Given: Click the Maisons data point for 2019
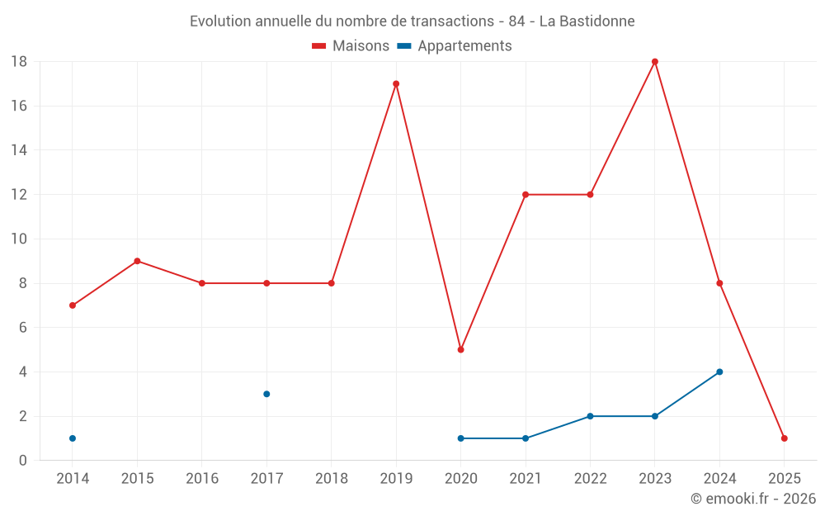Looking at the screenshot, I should [396, 83].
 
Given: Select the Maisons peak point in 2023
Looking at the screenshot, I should [655, 62].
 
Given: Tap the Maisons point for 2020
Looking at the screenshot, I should [460, 349].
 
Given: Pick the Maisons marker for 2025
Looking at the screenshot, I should [784, 438].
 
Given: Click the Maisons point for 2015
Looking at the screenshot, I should [137, 261].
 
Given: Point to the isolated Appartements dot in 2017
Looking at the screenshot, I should [266, 394].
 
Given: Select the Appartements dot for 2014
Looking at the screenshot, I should [73, 438].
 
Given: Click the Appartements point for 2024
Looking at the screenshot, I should [719, 372].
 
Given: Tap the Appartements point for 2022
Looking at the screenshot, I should [590, 416].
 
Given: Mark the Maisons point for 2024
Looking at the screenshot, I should [719, 283].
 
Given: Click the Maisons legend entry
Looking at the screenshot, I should [351, 46].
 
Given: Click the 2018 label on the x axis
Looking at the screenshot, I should [332, 478].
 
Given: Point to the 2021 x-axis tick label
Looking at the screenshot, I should [526, 478].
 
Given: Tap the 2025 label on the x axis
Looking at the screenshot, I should [784, 478].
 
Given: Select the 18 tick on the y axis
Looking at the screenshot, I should [19, 62].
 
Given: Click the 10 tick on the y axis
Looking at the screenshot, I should [19, 239].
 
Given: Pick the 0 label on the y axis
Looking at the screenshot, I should [23, 461].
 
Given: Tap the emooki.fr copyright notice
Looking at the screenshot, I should [753, 499].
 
